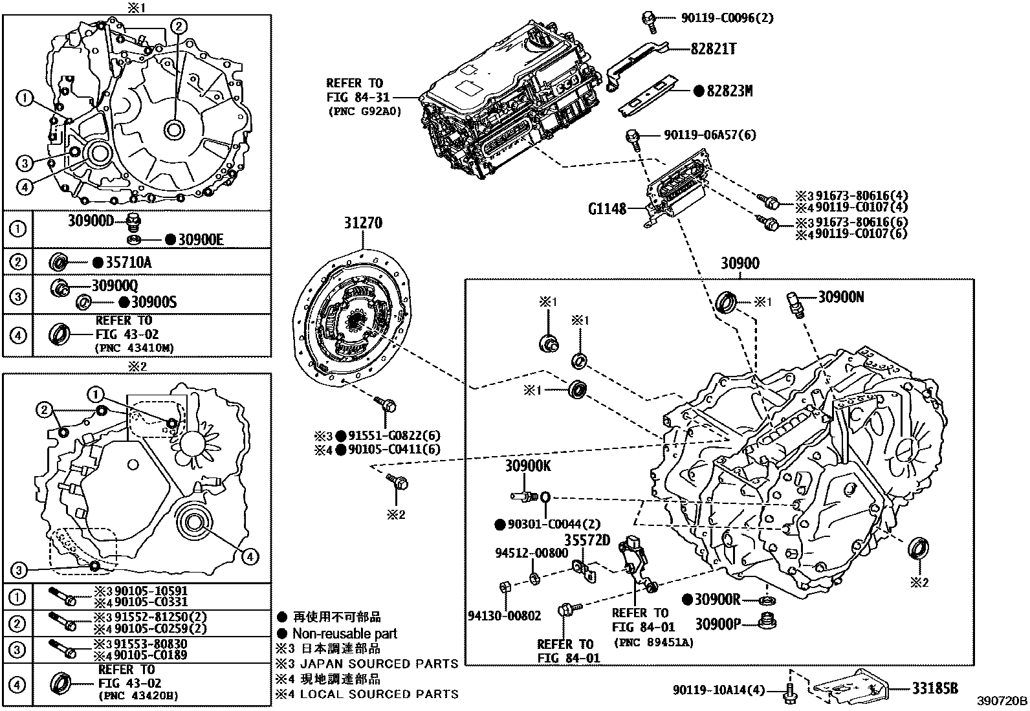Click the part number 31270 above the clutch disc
tap(362, 223)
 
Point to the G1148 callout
tap(607, 209)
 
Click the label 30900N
tap(841, 297)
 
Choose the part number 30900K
tap(528, 466)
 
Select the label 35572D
tap(587, 539)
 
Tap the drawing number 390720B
tap(1002, 701)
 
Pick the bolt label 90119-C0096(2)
tap(727, 18)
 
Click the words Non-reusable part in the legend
tap(345, 634)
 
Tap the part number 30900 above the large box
tap(740, 263)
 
